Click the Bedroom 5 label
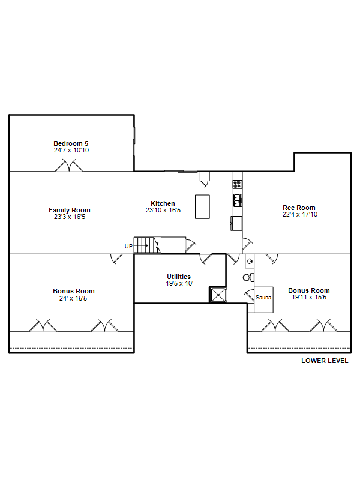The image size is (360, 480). click(x=71, y=143)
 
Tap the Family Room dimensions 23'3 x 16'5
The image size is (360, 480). click(x=70, y=217)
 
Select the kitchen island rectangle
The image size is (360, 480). click(x=202, y=206)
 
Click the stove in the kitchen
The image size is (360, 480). click(x=237, y=184)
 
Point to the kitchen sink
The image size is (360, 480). click(x=238, y=200)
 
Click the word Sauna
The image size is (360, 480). click(x=263, y=297)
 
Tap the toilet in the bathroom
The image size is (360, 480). click(x=248, y=277)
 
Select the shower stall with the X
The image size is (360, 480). click(x=218, y=295)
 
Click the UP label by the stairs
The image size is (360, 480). click(x=128, y=246)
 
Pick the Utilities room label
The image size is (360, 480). click(x=179, y=277)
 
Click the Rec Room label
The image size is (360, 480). click(x=299, y=208)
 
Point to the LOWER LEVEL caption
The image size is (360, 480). click(x=325, y=361)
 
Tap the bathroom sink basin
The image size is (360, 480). click(x=250, y=261)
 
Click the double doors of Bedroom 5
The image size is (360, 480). click(x=69, y=166)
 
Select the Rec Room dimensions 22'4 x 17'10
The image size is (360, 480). click(x=300, y=214)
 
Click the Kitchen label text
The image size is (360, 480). click(x=163, y=203)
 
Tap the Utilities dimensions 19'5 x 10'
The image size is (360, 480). click(x=179, y=283)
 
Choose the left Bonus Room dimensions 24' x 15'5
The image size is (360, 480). click(x=73, y=298)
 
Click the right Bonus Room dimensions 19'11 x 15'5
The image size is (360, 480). click(x=309, y=297)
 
